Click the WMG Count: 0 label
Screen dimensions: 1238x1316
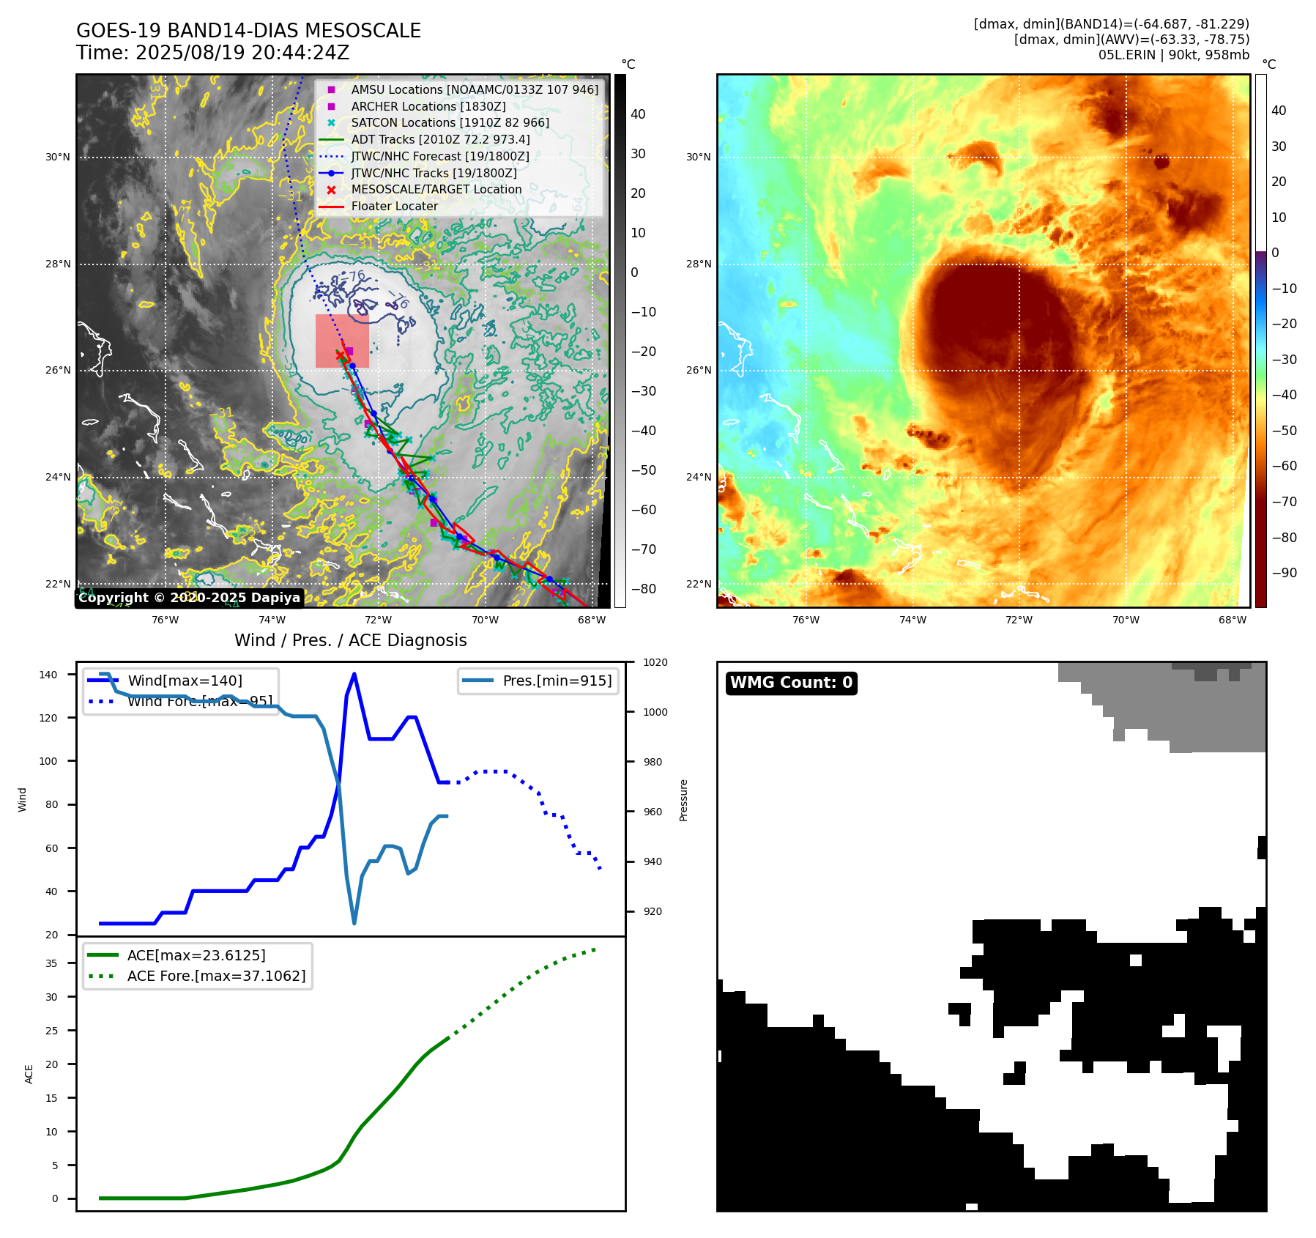791,683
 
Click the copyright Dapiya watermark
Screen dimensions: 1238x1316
189,598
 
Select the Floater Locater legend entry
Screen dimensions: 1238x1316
394,207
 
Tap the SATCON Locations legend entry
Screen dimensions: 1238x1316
450,123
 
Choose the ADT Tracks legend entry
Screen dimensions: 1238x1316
440,140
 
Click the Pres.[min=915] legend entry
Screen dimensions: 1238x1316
557,681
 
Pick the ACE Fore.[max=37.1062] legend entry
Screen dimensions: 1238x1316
216,976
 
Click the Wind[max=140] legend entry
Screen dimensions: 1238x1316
185,681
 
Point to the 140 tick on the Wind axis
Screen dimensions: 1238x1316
48,675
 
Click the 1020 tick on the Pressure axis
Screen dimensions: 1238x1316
655,663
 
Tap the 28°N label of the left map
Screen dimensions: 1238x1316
58,264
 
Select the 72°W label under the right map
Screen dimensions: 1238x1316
1019,620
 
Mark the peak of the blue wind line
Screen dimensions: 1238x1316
354,674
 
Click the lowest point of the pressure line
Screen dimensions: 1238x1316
354,923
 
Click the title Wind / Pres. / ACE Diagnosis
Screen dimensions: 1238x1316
350,641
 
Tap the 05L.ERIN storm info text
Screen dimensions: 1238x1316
1173,55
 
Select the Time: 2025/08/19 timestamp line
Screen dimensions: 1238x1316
212,53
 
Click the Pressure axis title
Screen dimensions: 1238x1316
683,800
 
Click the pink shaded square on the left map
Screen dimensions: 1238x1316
342,341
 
